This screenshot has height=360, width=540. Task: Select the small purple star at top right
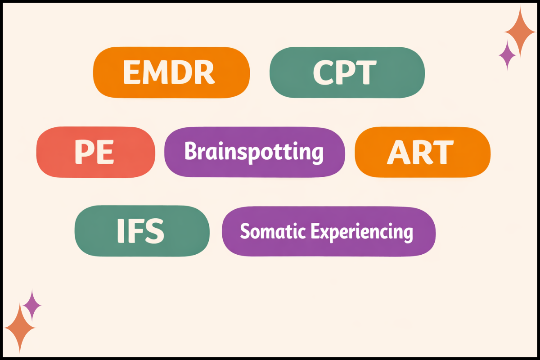[508, 55]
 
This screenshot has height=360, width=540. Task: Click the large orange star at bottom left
[20, 327]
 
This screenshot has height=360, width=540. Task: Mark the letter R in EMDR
[204, 72]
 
